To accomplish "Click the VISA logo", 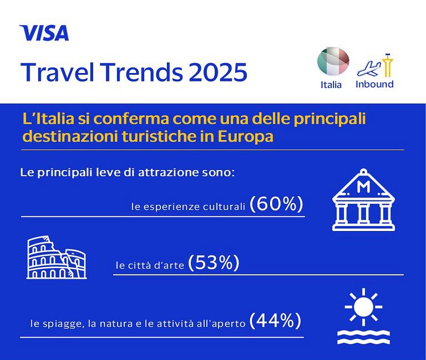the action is [44, 33].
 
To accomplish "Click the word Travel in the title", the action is [57, 72].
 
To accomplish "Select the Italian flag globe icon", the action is [333, 62].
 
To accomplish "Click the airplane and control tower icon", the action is [375, 66].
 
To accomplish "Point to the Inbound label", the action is [375, 84].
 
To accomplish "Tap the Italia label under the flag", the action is [331, 85].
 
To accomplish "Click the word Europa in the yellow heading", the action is [246, 136].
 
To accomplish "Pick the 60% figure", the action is [276, 204].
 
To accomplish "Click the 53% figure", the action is [214, 262].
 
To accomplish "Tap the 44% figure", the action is [275, 321].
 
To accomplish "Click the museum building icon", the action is [364, 200].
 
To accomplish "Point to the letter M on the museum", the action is [364, 187].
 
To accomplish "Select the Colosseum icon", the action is [57, 257].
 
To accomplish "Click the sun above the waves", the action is [364, 307].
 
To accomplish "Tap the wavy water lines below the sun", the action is [364, 338].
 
